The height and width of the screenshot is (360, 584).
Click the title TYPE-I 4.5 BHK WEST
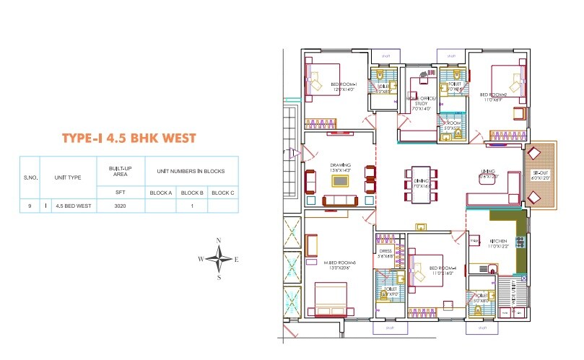pyautogui.click(x=128, y=139)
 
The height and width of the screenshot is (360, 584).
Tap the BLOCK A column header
pyautogui.click(x=160, y=193)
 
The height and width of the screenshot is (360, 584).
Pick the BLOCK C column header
pyautogui.click(x=222, y=193)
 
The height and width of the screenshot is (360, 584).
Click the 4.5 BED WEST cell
pyautogui.click(x=74, y=206)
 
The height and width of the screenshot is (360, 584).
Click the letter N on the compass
pyautogui.click(x=219, y=240)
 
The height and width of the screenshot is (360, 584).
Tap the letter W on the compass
pyautogui.click(x=201, y=258)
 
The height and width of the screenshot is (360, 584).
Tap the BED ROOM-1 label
pyautogui.click(x=344, y=86)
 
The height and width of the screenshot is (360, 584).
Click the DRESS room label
pyautogui.click(x=385, y=253)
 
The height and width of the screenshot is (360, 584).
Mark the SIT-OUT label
pyautogui.click(x=541, y=175)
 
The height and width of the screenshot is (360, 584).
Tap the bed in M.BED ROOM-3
pyautogui.click(x=331, y=296)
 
